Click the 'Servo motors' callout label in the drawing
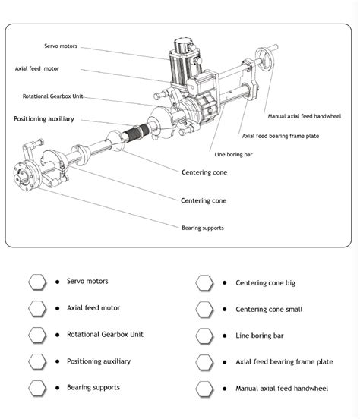61,46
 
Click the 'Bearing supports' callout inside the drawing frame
202,228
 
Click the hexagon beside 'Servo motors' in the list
37,282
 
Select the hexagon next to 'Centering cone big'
204,283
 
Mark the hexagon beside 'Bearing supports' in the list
37,388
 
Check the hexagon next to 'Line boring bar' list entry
204,336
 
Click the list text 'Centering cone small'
269,310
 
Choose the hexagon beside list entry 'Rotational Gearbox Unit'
37,334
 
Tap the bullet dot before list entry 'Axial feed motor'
58,308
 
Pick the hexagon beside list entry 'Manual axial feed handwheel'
204,389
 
